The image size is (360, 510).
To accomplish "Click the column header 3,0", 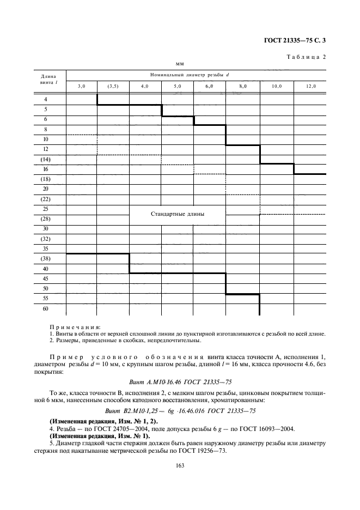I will [82, 86].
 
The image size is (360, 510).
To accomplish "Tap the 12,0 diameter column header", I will [310, 86].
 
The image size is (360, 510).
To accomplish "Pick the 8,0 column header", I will [242, 86].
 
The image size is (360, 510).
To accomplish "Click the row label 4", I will [46, 99].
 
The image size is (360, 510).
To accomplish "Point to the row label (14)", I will [46, 159].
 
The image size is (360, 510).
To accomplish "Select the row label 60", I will [46, 308].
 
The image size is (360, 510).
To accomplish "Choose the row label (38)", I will [46, 259].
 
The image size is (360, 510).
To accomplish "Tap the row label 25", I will [46, 209].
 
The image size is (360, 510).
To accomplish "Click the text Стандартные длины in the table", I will [178, 214].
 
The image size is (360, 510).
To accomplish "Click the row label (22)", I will [46, 199].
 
